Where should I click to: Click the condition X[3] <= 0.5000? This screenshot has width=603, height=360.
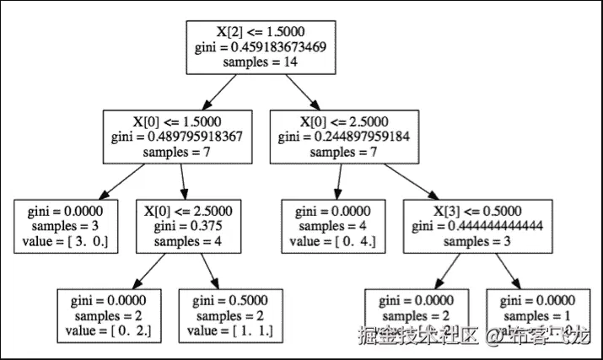[478, 211]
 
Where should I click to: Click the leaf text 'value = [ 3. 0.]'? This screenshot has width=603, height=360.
[67, 243]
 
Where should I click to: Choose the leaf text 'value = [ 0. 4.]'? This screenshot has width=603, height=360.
[338, 243]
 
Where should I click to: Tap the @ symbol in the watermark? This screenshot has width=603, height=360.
[495, 336]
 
